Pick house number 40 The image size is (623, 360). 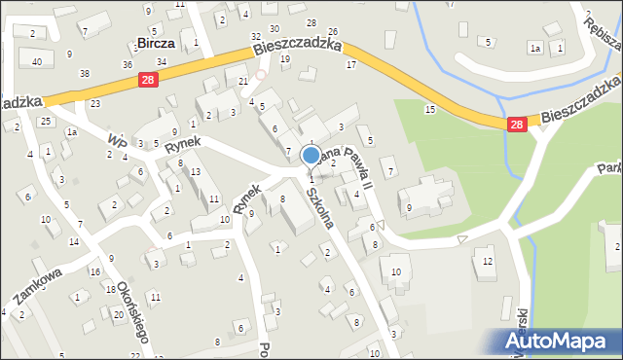click(x=36, y=61)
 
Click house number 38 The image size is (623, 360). click(x=85, y=73)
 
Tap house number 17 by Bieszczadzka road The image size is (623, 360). click(x=350, y=64)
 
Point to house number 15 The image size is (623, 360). click(x=429, y=109)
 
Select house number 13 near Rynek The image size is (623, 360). click(x=196, y=172)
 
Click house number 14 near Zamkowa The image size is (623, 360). click(x=74, y=240)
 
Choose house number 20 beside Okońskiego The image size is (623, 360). click(x=118, y=315)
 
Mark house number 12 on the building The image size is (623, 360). click(x=488, y=262)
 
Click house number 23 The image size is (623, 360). click(x=94, y=102)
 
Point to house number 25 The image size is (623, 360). click(x=46, y=121)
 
